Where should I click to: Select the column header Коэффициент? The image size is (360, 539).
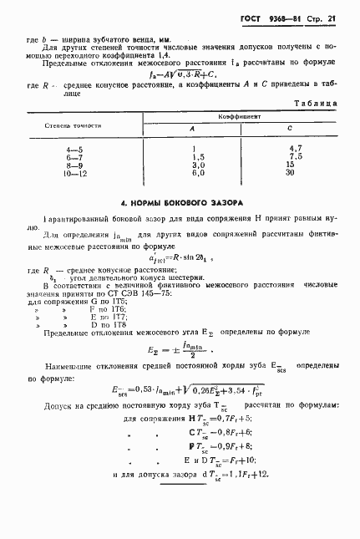coord(241,118)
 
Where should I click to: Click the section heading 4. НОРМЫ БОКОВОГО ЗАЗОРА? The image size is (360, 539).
coord(180,202)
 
